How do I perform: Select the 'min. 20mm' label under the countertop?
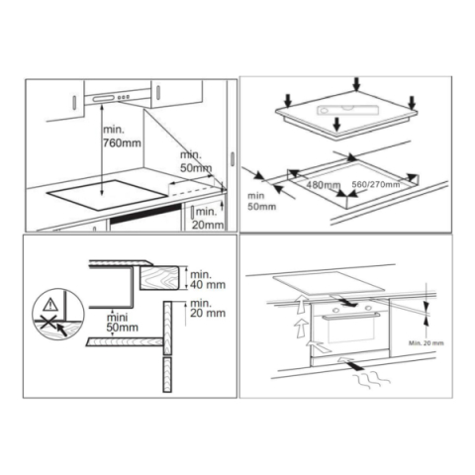click(206, 217)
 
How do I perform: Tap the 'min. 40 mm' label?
click(202, 279)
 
